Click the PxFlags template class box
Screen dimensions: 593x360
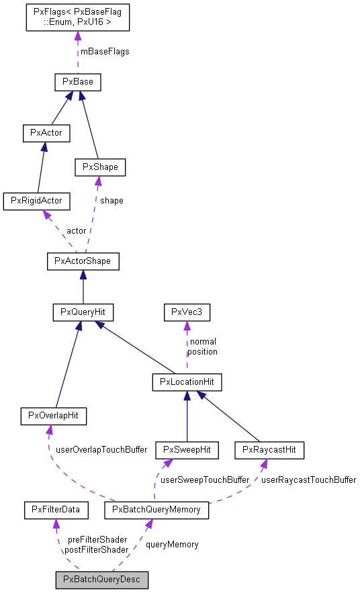click(x=77, y=17)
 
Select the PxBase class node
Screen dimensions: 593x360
click(x=77, y=83)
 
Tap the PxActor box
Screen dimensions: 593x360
click(x=46, y=132)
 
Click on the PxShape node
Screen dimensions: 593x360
click(x=100, y=166)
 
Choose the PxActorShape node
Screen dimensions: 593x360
click(x=83, y=261)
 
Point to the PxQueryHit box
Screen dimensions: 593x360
click(x=83, y=312)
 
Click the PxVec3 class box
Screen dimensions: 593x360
click(x=187, y=312)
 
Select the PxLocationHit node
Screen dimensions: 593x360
click(x=187, y=382)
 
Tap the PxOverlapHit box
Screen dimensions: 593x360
click(x=54, y=416)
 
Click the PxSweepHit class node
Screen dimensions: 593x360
click(x=187, y=449)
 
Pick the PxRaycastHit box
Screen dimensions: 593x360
click(x=269, y=449)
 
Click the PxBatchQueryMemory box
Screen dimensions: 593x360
click(x=156, y=510)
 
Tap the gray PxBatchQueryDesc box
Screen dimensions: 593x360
click(x=102, y=579)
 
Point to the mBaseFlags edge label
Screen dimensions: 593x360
click(x=105, y=51)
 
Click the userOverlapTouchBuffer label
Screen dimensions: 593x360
click(x=101, y=449)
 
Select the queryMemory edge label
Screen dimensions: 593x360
click(x=172, y=545)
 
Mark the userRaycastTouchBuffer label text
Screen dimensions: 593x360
click(x=308, y=480)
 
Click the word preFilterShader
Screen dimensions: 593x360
click(x=97, y=539)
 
